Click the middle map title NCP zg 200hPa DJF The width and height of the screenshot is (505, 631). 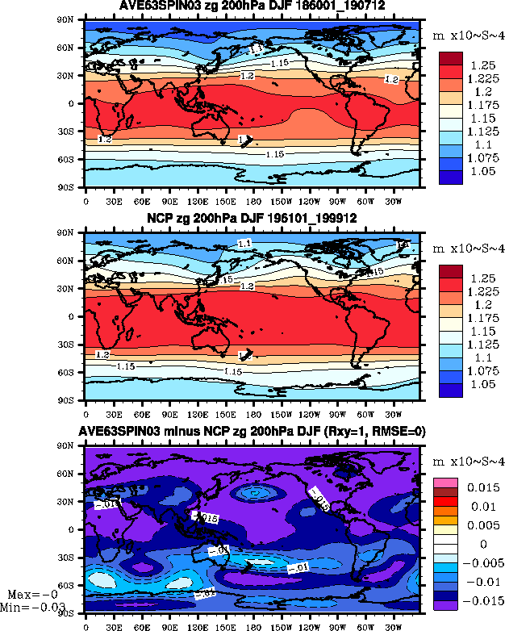point(252,219)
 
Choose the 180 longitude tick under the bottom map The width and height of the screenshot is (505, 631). point(253,625)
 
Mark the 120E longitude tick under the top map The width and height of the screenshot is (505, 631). point(197,198)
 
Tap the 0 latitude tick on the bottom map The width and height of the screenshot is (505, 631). point(73,529)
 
